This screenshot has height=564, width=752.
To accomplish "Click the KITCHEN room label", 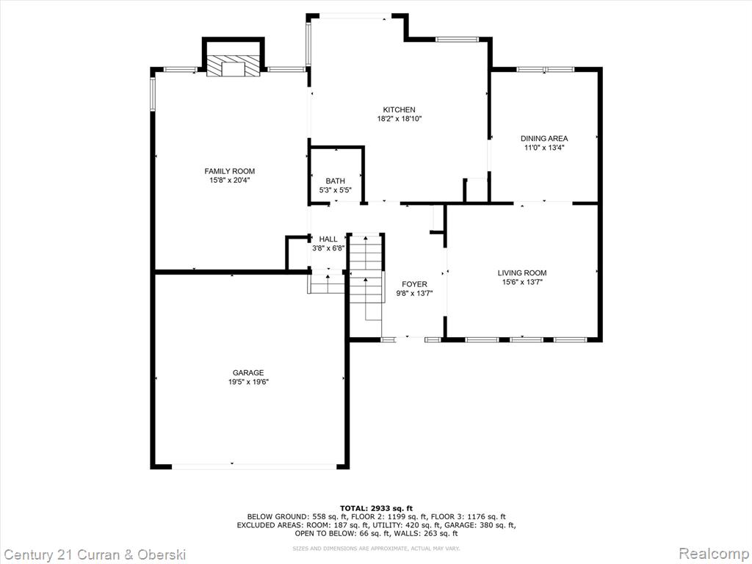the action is pos(399,110).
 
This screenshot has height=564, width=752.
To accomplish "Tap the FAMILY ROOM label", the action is pos(230,171).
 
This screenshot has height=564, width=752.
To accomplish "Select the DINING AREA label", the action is pos(544,139).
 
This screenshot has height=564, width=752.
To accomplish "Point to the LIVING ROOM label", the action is pos(522,273).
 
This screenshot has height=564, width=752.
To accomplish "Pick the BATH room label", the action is pos(335,181).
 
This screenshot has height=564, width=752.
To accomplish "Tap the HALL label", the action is pos(328,239).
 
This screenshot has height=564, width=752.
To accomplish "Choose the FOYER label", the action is pos(414,284).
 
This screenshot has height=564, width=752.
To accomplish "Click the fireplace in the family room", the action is pos(233,65).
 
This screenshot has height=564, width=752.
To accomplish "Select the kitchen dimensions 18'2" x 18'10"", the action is pos(399,119).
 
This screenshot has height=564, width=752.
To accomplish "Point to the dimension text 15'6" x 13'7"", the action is pos(522,282).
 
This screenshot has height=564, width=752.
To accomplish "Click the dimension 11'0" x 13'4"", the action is pos(544,148).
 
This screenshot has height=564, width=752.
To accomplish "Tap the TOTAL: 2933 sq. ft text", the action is pos(376,508).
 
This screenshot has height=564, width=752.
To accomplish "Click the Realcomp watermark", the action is pos(715,554).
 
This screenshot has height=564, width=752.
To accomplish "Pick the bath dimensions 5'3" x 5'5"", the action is pos(336,190).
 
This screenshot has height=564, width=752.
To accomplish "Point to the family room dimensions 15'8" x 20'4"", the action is pos(230,181).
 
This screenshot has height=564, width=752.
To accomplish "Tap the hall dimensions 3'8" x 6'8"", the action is pos(328,248).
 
